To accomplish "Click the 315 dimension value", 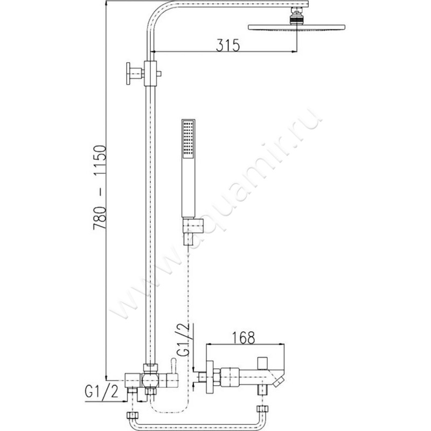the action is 227,45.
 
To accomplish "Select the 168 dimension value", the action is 244,338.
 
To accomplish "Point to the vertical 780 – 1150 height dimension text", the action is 100,187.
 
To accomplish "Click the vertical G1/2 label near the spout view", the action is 183,340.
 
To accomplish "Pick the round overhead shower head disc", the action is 296,27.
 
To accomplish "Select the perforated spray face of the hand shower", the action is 188,139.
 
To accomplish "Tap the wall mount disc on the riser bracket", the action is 128,73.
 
